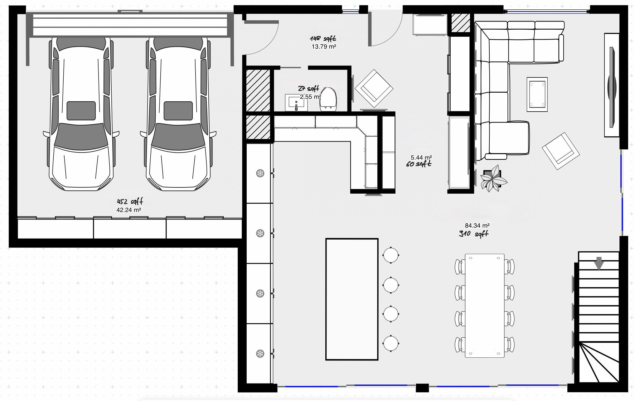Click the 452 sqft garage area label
coord(130,202)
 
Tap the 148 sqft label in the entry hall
coord(323,39)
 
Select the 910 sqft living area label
coord(473,234)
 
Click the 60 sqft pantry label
coord(419,164)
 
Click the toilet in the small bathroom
coord(328,99)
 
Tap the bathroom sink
coord(296,103)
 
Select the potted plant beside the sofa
coord(493,179)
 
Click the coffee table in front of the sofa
coord(537,94)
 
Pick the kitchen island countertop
coord(352,299)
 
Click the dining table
coord(485,306)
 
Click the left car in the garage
coord(81,114)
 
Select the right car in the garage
coord(178,114)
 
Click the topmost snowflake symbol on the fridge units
coord(260,173)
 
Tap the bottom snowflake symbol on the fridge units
coord(260,354)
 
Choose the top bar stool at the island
coord(391,255)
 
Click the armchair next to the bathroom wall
coord(374,89)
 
